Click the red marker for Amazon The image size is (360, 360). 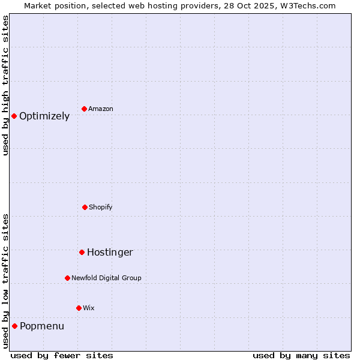[x=85, y=109]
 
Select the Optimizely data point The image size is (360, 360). [x=14, y=116]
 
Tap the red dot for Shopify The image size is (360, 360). [x=85, y=207]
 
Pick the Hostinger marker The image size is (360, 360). [x=82, y=252]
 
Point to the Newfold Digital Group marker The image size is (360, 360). [x=67, y=278]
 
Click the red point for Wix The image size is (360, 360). [x=79, y=308]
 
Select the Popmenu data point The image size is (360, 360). [x=14, y=326]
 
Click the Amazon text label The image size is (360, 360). [x=101, y=109]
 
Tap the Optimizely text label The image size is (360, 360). [x=44, y=116]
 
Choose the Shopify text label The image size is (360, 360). [x=101, y=207]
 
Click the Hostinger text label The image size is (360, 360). [x=110, y=253]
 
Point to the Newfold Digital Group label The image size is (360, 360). [x=106, y=278]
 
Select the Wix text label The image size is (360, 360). [x=89, y=308]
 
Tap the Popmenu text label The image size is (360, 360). [x=42, y=326]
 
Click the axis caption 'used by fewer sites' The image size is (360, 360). [x=62, y=355]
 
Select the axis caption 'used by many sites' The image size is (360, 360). [x=301, y=355]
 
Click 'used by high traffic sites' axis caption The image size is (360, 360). [x=6, y=85]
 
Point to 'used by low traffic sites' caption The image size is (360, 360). [x=6, y=281]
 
